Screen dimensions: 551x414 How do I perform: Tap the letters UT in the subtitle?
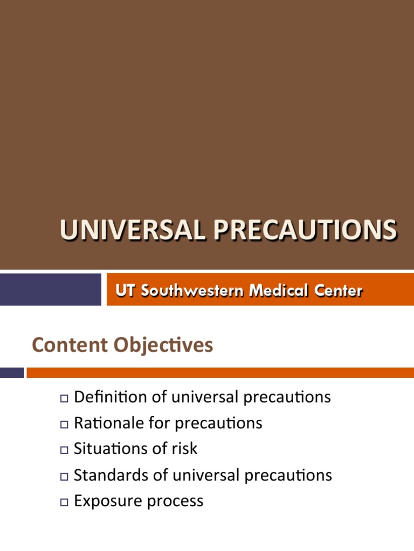[x=126, y=291]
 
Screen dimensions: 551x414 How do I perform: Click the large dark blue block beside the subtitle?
[x=50, y=289]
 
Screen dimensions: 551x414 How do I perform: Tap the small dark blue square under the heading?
[x=12, y=372]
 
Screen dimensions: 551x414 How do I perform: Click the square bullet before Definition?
[x=64, y=399]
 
